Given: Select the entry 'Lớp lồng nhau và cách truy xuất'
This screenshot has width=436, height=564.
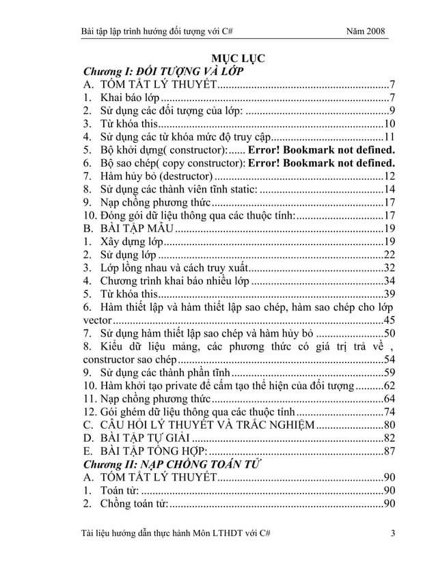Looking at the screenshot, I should (x=174, y=268).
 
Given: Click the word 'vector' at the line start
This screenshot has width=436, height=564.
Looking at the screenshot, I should (x=96, y=320).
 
